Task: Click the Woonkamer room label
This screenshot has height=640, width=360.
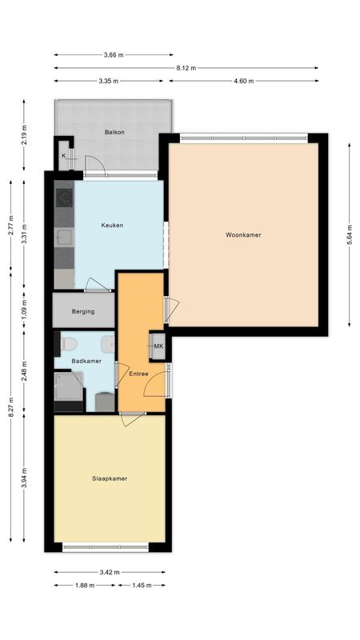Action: click(244, 235)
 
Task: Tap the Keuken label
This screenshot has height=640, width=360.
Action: click(112, 226)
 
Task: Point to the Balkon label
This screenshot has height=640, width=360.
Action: click(114, 132)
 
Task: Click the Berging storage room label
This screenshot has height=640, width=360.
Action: click(82, 311)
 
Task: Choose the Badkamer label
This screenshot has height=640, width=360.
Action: click(85, 361)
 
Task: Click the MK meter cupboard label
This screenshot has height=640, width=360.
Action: click(158, 346)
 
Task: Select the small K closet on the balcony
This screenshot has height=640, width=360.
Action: click(63, 156)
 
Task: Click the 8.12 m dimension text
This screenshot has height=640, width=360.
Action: click(188, 68)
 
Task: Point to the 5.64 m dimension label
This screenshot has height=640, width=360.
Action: click(350, 235)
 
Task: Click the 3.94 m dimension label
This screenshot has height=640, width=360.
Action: click(24, 478)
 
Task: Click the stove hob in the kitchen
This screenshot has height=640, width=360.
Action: click(64, 198)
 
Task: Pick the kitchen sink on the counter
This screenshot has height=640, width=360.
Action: click(62, 236)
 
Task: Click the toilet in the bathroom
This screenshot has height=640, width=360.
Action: click(69, 344)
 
